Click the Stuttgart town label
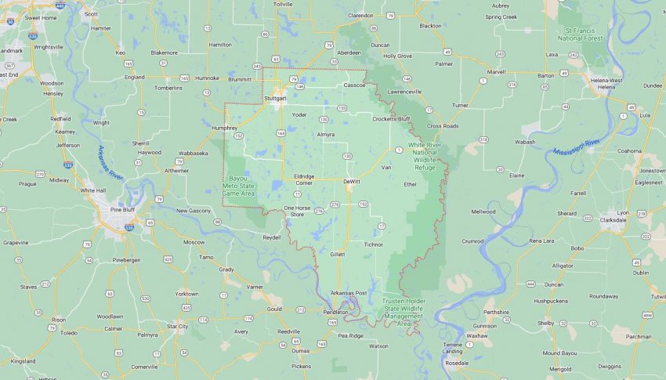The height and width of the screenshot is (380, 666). click(275, 99)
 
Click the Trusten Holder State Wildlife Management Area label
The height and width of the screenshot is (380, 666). click(404, 312)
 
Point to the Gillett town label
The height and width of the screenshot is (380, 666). click(337, 254)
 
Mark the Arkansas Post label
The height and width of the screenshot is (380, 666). click(349, 292)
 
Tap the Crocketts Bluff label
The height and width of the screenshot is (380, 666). click(391, 118)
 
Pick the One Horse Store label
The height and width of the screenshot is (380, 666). click(297, 211)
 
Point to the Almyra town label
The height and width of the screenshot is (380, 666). click(325, 134)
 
